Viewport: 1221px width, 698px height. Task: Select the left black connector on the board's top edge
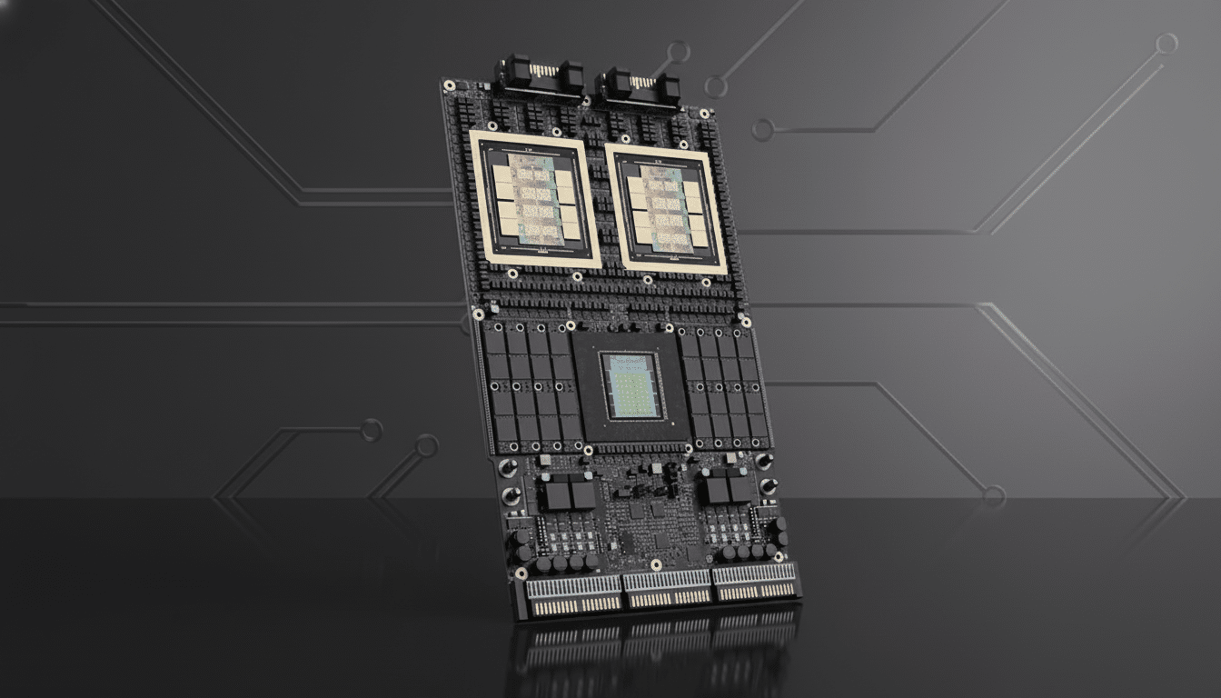(538, 76)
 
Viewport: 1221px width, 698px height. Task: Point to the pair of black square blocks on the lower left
(570, 494)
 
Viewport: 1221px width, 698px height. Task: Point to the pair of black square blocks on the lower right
(729, 489)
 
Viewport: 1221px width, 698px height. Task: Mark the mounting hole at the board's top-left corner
(449, 85)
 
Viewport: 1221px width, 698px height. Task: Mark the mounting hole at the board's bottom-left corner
(521, 573)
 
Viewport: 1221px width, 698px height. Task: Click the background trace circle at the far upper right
(1166, 43)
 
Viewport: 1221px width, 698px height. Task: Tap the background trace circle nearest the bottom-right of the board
(993, 496)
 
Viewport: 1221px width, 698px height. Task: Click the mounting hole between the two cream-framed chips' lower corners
(577, 276)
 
